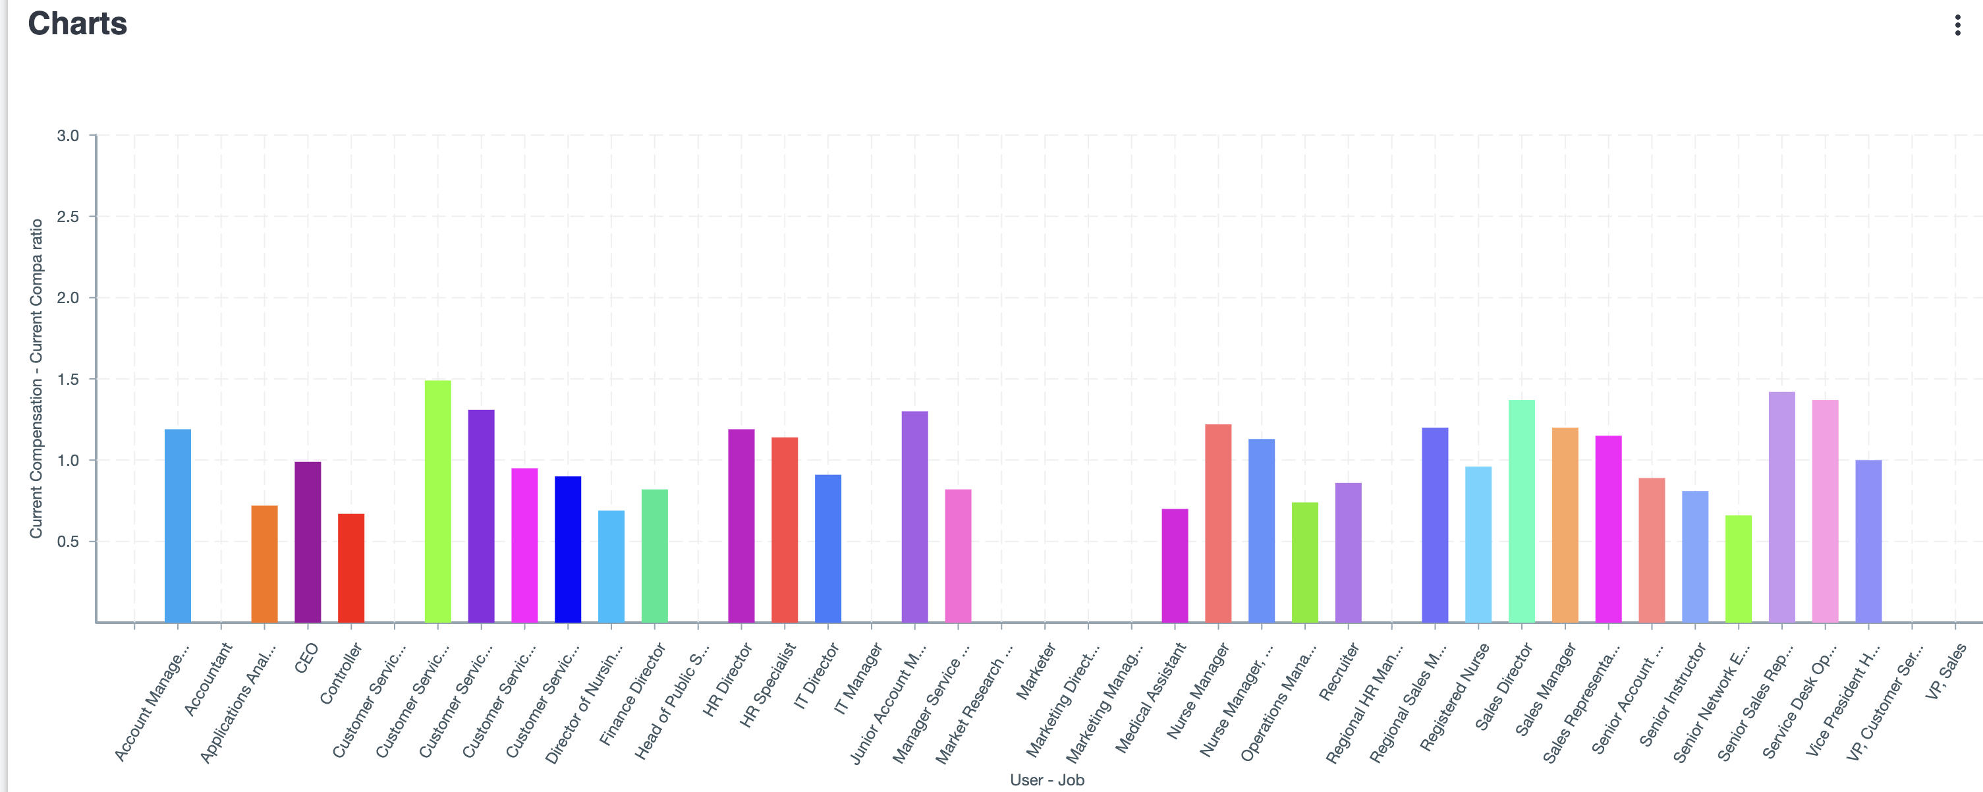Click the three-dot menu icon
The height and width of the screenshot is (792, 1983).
pos(1957,26)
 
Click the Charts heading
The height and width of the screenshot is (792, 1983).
pos(77,24)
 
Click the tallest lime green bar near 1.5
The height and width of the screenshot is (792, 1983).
pos(438,501)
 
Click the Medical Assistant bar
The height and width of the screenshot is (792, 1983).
pos(1175,566)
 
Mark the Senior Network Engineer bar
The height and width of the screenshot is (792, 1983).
pos(1738,569)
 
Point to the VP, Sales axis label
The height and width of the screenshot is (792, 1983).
pos(1945,672)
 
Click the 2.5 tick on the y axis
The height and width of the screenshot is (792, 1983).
pos(68,217)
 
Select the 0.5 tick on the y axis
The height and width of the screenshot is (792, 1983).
pos(68,542)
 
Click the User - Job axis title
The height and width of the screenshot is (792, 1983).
pos(1047,779)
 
